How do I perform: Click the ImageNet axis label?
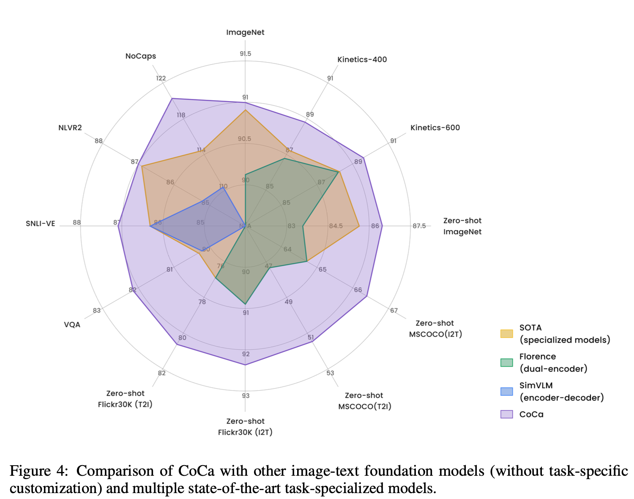[245, 33]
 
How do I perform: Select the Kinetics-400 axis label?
[362, 60]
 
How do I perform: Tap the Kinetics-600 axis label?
[435, 128]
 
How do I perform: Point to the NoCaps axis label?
[141, 56]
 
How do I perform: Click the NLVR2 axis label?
[70, 128]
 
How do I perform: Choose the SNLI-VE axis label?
[41, 223]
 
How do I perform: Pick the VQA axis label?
[72, 325]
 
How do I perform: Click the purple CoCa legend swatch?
[506, 414]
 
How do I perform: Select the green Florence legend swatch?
[506, 362]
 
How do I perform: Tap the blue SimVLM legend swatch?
[506, 391]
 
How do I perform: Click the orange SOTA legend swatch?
[506, 334]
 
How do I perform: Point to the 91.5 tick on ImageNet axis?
[245, 54]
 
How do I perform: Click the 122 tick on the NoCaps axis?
[161, 78]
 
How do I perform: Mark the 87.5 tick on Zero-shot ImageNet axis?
[419, 226]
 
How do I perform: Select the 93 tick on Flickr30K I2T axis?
[246, 396]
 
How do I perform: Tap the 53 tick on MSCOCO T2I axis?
[330, 373]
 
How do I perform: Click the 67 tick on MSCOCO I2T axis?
[394, 310]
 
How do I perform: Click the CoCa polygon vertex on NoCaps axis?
[172, 99]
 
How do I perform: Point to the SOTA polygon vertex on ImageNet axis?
[245, 110]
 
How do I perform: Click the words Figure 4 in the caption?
[38, 471]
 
